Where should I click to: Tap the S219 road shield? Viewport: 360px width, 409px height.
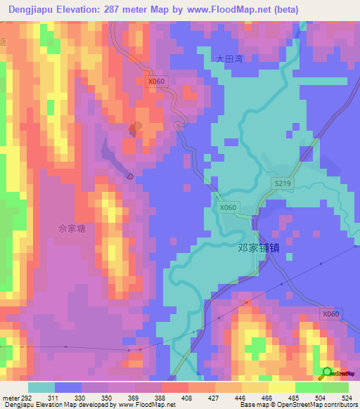point(282,183)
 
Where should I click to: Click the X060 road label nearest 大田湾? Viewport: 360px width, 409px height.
point(157,82)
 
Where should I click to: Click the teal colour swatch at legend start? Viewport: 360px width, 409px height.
point(41,387)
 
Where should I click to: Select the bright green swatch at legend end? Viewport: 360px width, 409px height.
point(335,387)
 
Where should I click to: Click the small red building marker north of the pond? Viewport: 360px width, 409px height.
point(133,129)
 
